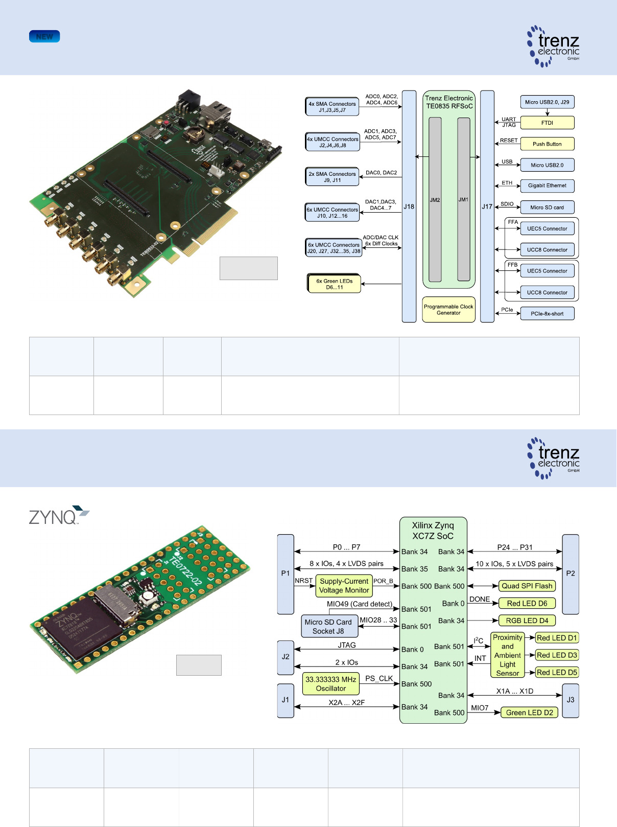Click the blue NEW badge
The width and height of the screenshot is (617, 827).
click(44, 36)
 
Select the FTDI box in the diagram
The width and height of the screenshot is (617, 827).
click(547, 123)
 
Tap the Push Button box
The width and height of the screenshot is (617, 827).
click(547, 144)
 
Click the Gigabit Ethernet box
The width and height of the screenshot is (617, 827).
click(547, 186)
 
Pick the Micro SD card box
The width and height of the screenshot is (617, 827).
click(547, 207)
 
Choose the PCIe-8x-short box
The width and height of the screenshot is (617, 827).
click(547, 313)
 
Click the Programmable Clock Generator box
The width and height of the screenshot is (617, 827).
click(448, 310)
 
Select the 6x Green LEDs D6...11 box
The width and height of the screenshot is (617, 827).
click(335, 284)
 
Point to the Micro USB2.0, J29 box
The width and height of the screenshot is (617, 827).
click(547, 102)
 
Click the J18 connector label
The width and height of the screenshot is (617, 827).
click(409, 206)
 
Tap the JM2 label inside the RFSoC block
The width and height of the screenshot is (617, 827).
click(435, 200)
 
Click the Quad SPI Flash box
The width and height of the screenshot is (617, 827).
click(527, 586)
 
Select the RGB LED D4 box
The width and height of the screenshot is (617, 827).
click(527, 621)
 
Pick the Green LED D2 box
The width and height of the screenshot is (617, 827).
click(529, 713)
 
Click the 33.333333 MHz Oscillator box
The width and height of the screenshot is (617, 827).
click(331, 684)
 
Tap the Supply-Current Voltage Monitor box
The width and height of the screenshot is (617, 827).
click(344, 586)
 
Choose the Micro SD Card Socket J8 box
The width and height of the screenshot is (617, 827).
click(328, 626)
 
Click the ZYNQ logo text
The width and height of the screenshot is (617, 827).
click(53, 517)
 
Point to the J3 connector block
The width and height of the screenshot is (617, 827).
click(571, 699)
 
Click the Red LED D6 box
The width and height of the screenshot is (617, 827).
click(527, 603)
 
